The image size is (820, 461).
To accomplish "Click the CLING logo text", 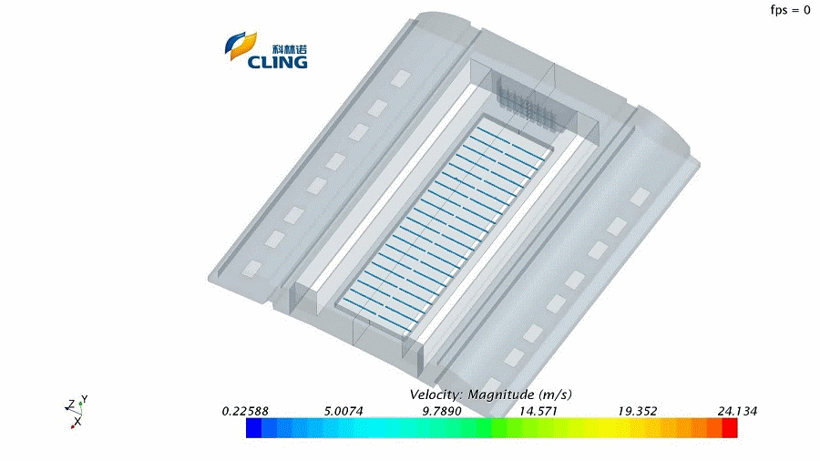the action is tap(277, 62).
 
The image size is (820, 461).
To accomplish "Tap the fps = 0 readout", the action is tap(790, 10).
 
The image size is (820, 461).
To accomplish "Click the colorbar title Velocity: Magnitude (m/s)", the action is tap(490, 394).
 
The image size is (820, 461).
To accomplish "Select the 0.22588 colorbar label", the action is tap(245, 411).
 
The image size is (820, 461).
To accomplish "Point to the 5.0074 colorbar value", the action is tap(343, 411).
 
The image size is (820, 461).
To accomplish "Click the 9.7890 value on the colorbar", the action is tap(442, 411).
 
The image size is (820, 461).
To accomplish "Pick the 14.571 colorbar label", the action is tap(538, 411).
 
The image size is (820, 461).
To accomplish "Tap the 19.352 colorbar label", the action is tap(637, 411).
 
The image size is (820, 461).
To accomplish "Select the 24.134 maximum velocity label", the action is tap(737, 411).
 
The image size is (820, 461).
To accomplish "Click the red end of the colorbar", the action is tap(730, 428).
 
